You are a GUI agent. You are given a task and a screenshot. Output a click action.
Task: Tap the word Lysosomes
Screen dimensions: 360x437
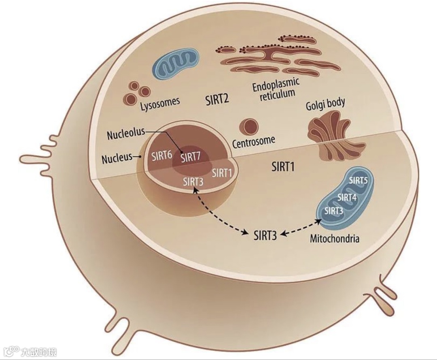[x=160, y=102]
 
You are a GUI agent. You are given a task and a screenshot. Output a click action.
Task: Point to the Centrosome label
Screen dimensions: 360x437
[x=254, y=141]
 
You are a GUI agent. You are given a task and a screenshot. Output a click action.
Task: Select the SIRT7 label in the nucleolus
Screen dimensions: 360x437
[x=191, y=158]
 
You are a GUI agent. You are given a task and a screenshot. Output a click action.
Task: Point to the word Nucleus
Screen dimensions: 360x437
[x=117, y=158]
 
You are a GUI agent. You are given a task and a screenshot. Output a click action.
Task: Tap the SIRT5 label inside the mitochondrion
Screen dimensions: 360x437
[x=358, y=181]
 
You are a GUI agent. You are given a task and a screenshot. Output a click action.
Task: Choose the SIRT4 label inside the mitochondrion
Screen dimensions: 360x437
[x=347, y=197]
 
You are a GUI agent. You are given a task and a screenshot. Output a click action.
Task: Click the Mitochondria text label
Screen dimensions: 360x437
[x=335, y=238]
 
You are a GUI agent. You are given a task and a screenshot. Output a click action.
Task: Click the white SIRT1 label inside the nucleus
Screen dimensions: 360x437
[x=221, y=173]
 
